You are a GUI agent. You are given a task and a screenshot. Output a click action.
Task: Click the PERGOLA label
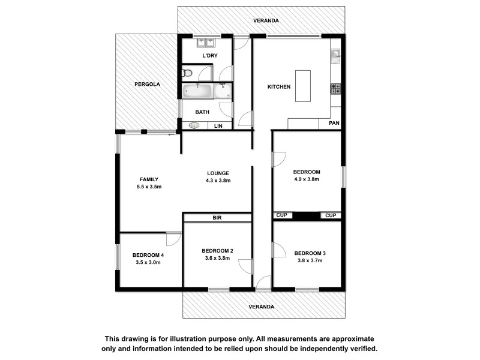(147, 85)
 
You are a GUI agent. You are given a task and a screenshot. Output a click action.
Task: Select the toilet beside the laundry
(187, 74)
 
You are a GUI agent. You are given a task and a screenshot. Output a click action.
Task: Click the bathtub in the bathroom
(197, 92)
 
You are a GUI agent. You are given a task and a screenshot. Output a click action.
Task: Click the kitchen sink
(335, 56)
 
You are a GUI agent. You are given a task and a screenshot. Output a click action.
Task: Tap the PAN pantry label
(334, 124)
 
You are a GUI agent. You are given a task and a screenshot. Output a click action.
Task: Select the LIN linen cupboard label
(218, 126)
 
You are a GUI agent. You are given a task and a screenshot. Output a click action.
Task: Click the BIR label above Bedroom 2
(217, 218)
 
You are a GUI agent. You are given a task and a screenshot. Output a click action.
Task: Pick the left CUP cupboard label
(281, 215)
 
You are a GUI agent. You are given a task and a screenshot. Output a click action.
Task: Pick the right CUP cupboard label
(331, 215)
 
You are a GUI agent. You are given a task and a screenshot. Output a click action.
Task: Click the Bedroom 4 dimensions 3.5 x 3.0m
(149, 262)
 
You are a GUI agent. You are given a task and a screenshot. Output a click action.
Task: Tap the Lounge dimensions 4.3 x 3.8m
(218, 181)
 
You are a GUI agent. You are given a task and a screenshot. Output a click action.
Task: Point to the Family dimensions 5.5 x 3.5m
(149, 187)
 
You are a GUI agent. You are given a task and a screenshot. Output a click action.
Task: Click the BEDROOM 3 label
(310, 253)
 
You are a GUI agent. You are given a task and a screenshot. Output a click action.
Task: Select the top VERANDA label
(266, 20)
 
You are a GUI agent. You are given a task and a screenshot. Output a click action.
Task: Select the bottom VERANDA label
(262, 307)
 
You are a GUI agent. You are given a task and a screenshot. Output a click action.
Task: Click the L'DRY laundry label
(209, 56)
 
